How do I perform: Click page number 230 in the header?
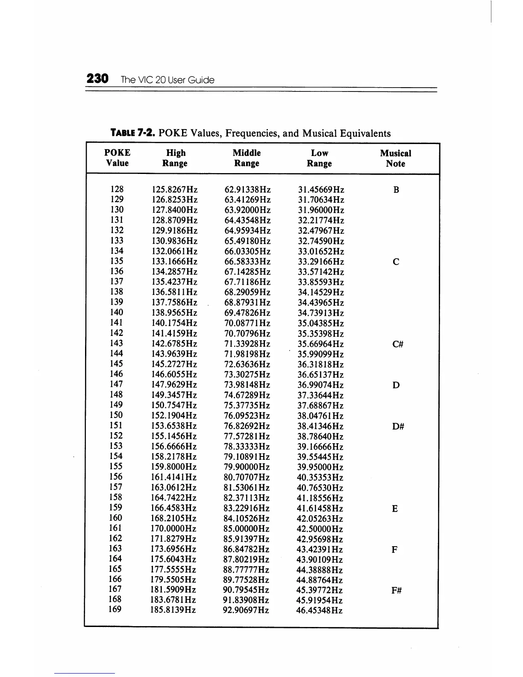tap(97, 79)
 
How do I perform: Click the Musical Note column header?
tap(395, 158)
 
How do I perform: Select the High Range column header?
tap(175, 158)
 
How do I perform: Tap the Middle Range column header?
tap(247, 158)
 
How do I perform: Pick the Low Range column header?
tap(319, 158)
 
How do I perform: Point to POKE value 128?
tap(117, 189)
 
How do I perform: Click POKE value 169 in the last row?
tap(115, 609)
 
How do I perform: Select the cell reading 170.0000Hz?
tap(173, 529)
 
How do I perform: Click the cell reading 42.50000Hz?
tap(320, 529)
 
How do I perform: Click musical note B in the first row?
tap(396, 190)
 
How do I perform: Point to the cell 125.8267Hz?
tap(175, 189)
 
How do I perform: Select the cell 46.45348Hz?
tap(319, 610)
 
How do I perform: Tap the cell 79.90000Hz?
tap(247, 467)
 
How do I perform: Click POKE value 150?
tap(116, 415)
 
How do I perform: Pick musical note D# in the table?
tap(397, 426)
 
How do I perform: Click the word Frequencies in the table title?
tap(252, 133)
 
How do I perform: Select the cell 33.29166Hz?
tap(320, 262)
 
